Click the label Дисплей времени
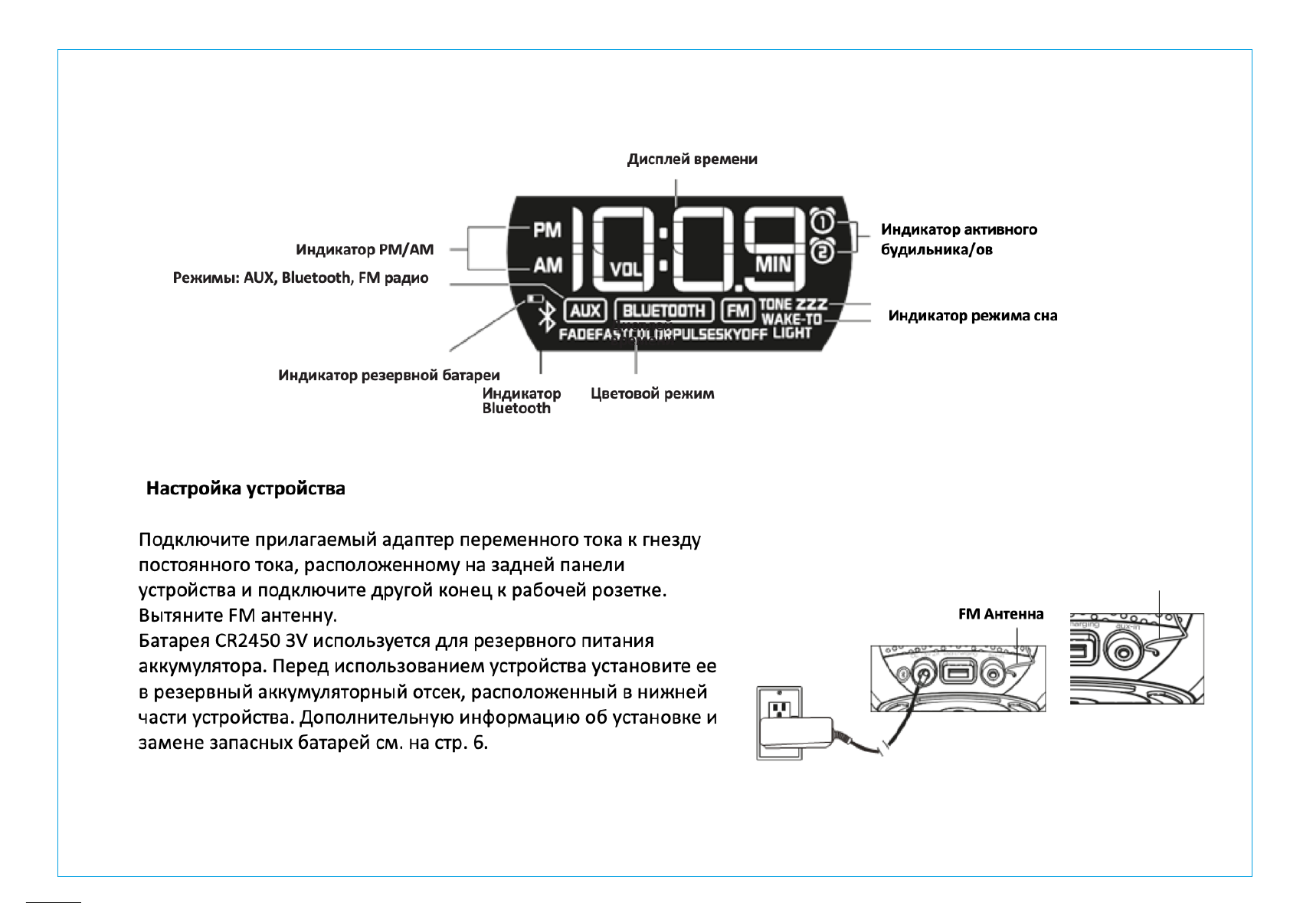coord(692,159)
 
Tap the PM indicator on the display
coord(547,229)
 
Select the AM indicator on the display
coord(547,265)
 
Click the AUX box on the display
coord(585,310)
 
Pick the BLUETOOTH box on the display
coord(663,310)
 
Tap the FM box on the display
coord(738,310)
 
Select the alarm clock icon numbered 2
coord(821,250)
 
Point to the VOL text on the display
coord(626,269)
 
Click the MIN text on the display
coord(773,264)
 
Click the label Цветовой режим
coord(652,394)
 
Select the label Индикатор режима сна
coord(972,316)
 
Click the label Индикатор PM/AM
coord(365,250)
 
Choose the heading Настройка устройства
coord(245,489)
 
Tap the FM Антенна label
coord(1000,614)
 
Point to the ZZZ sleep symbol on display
coord(811,304)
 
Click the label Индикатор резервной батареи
coord(388,376)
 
